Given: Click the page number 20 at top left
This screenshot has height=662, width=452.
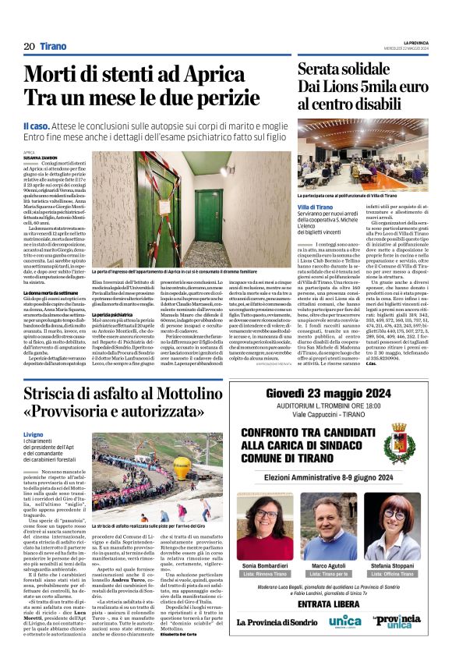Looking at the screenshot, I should coord(29,46).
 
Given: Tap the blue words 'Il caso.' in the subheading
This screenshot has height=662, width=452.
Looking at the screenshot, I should coord(37,125).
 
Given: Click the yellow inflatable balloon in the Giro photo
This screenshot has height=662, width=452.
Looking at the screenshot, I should coord(181,466).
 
